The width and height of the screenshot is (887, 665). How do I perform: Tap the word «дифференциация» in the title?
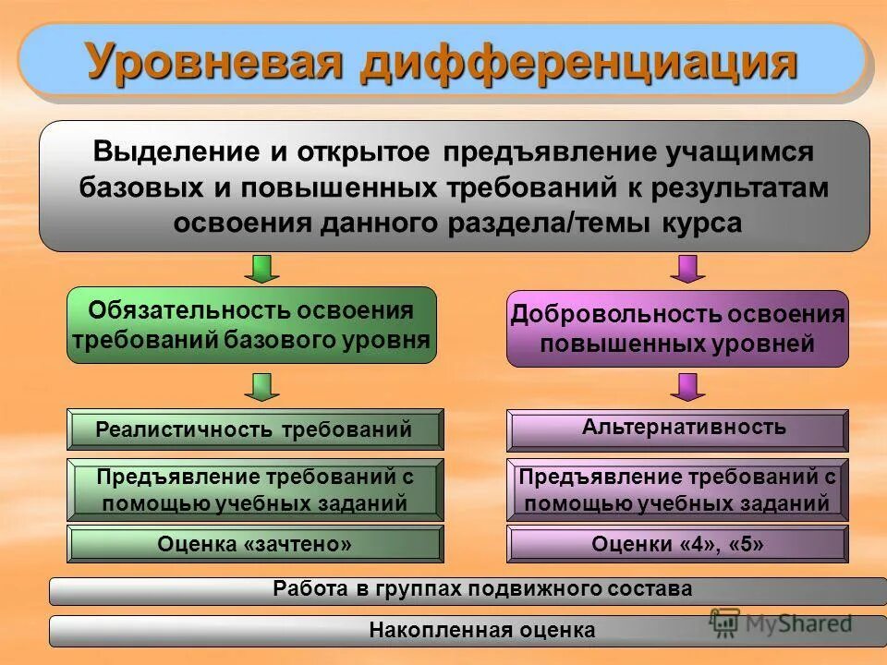point(579,62)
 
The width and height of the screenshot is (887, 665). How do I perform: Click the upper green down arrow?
point(263,269)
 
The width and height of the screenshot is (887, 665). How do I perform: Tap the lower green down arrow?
point(263,387)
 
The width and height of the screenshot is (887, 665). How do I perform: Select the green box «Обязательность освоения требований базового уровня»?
point(251,325)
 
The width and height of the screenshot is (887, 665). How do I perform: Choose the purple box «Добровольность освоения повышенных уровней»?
point(677,328)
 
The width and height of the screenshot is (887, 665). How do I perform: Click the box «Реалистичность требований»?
point(255,429)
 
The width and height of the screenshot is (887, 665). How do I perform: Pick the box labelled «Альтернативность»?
point(677,429)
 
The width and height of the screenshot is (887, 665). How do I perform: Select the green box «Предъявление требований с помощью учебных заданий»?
point(255,490)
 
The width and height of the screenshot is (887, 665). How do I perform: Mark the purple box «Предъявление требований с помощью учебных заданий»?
point(677,490)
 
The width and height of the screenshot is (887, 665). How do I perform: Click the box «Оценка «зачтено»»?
point(255,544)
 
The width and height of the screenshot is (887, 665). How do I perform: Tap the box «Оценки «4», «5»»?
point(677,544)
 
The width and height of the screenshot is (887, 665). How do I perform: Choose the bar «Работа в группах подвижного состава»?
point(468,590)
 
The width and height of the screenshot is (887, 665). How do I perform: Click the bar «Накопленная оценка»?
point(468,631)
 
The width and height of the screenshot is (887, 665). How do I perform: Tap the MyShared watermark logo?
point(781,623)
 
